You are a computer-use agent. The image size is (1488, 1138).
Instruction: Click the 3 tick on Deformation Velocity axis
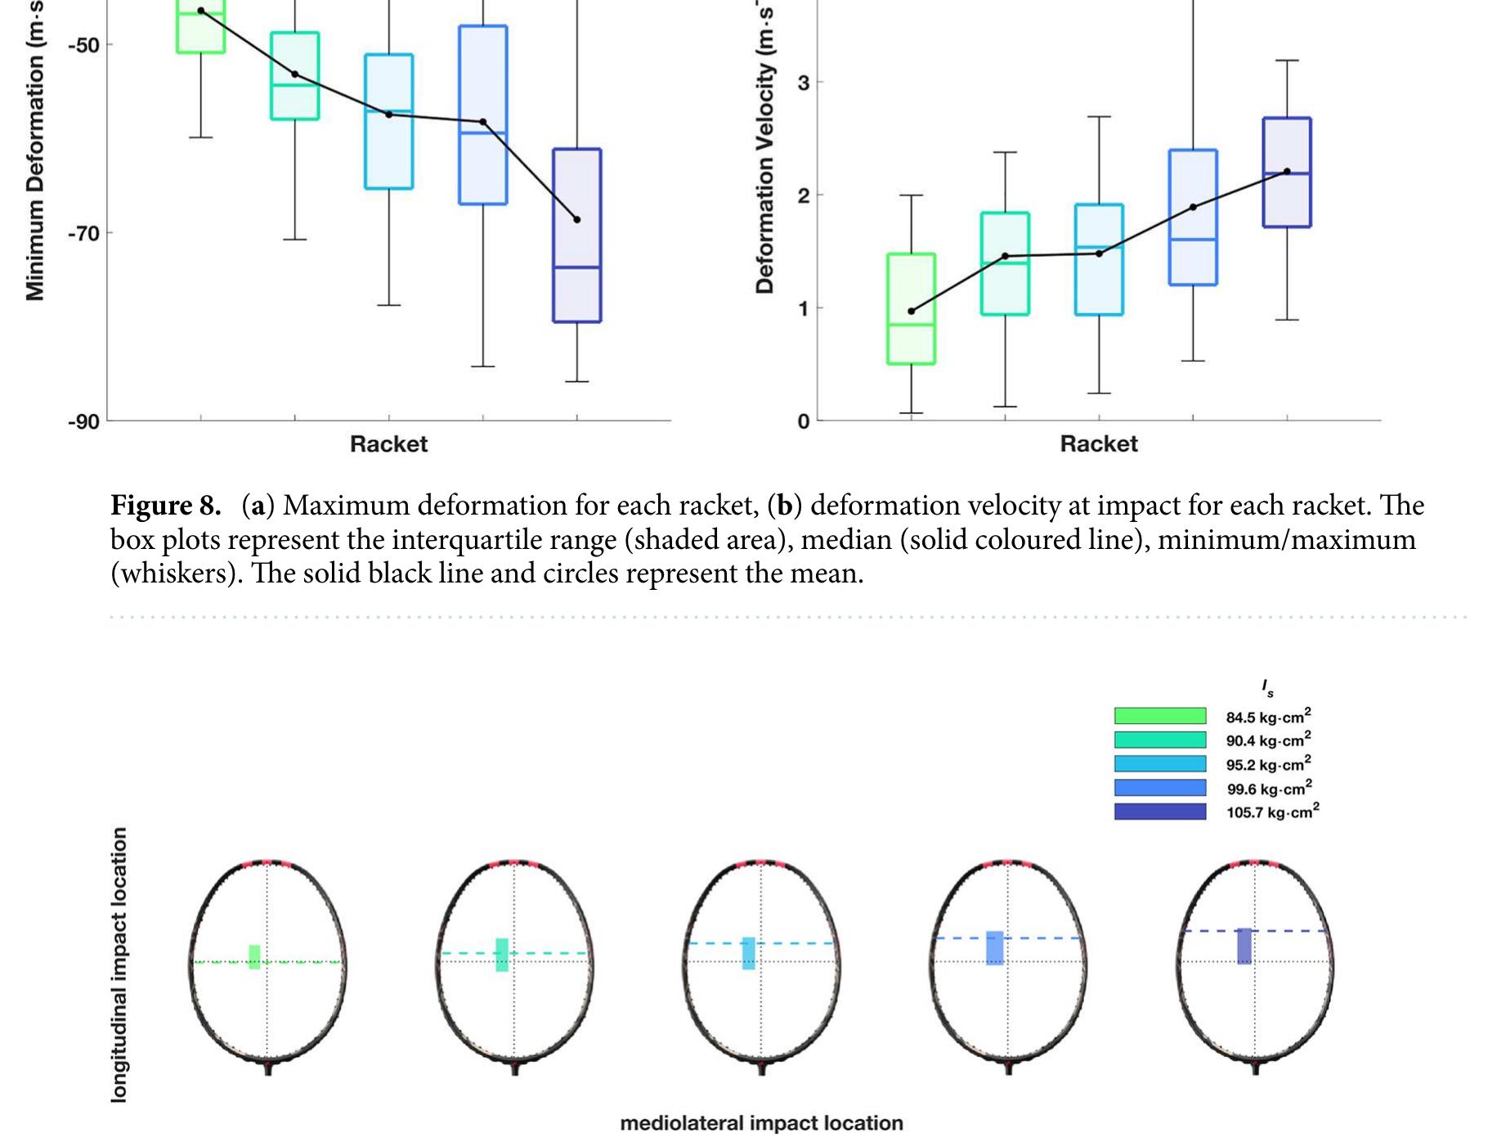click(804, 83)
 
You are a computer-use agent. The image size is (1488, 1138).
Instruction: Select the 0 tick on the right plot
click(804, 421)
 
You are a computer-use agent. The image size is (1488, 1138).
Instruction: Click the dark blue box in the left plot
click(577, 236)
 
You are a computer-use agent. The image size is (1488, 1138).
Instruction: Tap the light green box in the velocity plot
click(912, 308)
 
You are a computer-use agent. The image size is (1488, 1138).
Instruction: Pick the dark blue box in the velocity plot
click(1287, 173)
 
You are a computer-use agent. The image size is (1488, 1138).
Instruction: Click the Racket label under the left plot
click(388, 444)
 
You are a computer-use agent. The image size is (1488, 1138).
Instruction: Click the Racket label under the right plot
click(1099, 444)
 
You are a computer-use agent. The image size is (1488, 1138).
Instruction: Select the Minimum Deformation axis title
click(34, 155)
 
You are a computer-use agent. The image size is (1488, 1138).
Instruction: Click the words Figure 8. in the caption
click(166, 506)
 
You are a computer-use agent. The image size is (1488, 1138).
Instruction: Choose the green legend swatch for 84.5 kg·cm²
click(1159, 717)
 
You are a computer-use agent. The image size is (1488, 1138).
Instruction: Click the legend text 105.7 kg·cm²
click(1272, 812)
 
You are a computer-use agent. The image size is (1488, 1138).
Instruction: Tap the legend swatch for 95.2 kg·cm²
click(1159, 764)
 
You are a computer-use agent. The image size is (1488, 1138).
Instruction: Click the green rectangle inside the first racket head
click(254, 957)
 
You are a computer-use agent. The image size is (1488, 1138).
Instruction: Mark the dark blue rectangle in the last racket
click(1244, 947)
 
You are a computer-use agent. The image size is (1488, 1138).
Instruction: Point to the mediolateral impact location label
click(761, 1123)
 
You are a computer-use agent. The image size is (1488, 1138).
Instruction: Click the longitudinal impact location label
click(119, 964)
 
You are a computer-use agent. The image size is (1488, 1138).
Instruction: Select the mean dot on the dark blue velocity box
click(1287, 172)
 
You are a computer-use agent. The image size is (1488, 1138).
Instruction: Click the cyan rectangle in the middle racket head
click(748, 954)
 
